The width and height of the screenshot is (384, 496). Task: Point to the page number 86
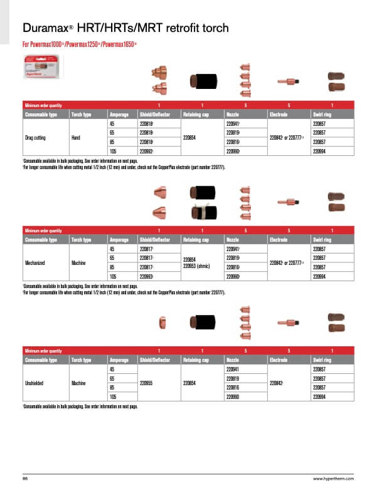click(x=26, y=478)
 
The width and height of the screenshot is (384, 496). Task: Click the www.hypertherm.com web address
click(x=334, y=478)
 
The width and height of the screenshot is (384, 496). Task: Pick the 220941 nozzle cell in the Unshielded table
click(x=232, y=371)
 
